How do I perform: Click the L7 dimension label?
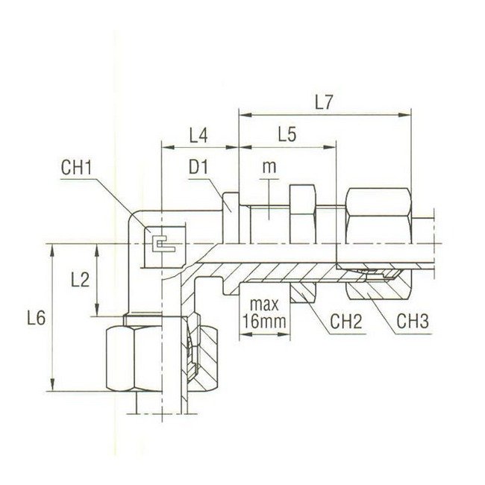click(x=323, y=103)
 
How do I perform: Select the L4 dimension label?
click(x=198, y=136)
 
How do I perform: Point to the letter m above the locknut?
click(x=269, y=169)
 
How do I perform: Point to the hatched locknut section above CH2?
click(x=302, y=291)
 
